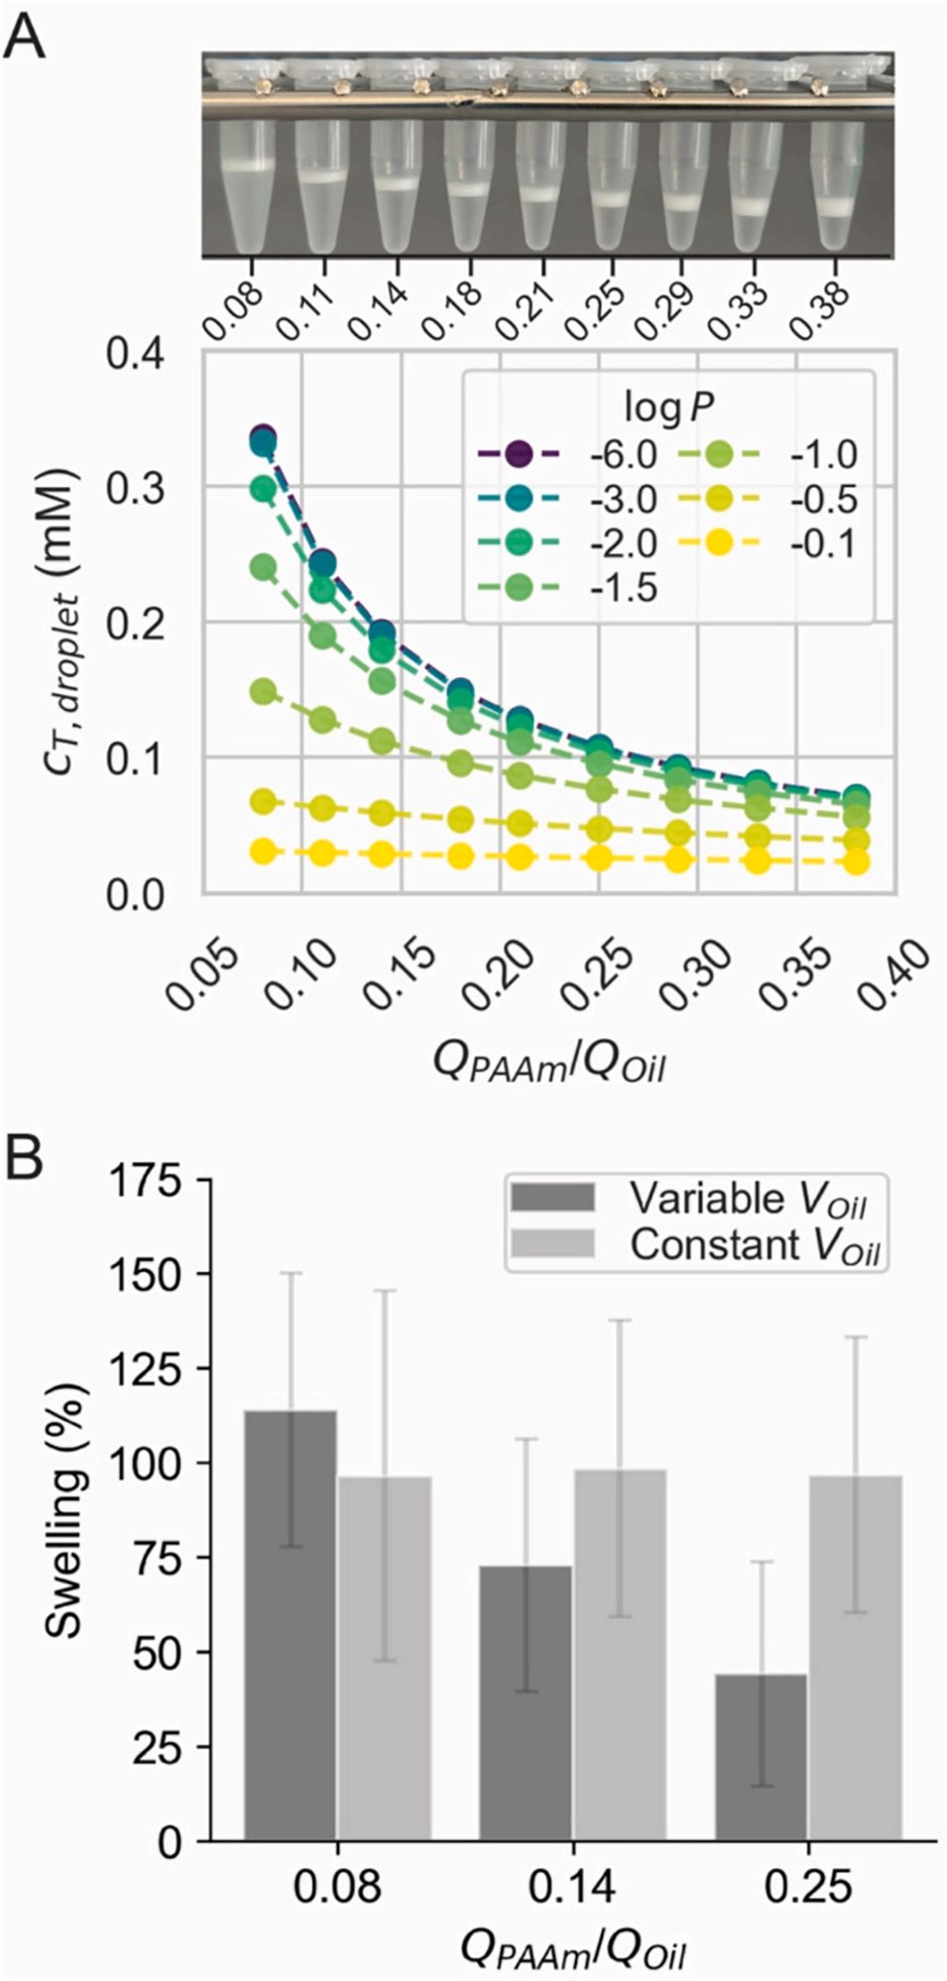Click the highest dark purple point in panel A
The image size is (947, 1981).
tap(263, 436)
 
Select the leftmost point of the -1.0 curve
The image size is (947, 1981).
tap(263, 691)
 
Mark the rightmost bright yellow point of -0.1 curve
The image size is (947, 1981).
tap(857, 862)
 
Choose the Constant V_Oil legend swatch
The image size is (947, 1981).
tap(552, 1243)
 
